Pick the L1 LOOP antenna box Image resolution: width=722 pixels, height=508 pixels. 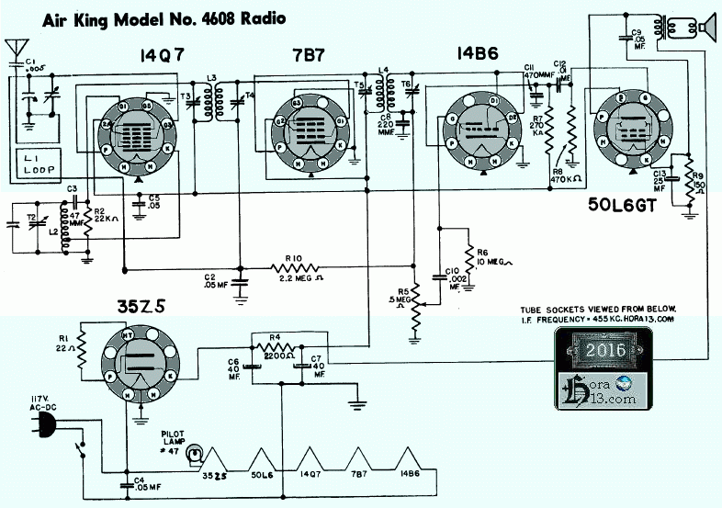(x=29, y=165)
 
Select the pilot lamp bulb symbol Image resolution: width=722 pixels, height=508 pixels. (x=194, y=453)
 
